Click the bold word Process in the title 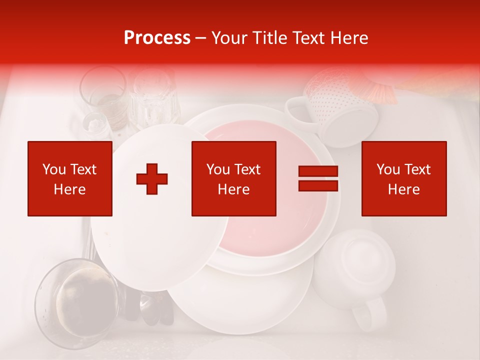(157, 38)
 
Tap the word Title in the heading (269, 38)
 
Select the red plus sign (152, 179)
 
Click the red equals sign (318, 178)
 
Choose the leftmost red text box (70, 178)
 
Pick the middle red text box (234, 178)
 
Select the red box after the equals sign (404, 178)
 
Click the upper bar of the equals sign (318, 171)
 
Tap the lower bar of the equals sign (318, 185)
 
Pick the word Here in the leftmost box (70, 189)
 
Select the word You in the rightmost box (388, 169)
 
